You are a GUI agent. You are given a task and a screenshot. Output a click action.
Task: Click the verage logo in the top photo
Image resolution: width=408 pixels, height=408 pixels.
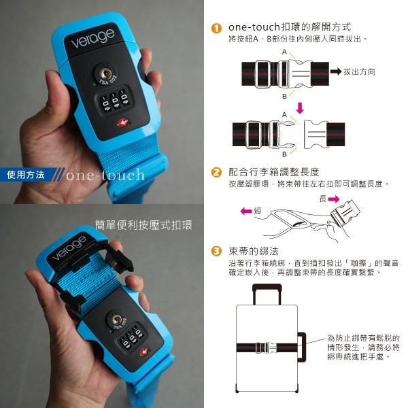(92, 38)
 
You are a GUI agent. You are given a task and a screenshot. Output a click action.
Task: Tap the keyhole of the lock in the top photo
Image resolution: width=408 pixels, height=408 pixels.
(105, 74)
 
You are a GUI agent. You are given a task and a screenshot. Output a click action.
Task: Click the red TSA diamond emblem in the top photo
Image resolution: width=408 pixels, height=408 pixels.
(122, 122)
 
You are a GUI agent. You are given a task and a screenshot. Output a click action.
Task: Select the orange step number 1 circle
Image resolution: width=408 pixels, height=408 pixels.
(216, 28)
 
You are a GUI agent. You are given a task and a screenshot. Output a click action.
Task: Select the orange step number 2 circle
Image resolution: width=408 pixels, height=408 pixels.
(216, 173)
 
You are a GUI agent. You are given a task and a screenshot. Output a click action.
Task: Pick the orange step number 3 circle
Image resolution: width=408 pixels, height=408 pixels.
(216, 252)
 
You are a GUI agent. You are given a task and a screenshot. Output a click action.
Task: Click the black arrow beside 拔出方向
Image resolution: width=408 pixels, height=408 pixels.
(336, 71)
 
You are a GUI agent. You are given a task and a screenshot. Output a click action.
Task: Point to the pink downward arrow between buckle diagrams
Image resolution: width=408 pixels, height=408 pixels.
(300, 107)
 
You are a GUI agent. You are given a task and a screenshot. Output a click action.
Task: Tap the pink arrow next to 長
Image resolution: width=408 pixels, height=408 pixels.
(334, 199)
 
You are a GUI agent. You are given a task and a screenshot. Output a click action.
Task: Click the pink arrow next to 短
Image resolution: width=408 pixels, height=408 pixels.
(246, 211)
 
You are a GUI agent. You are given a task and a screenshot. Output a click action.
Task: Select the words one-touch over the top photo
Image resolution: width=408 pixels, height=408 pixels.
(105, 175)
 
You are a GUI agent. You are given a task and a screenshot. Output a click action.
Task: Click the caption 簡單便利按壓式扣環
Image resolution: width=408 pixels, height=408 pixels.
(143, 225)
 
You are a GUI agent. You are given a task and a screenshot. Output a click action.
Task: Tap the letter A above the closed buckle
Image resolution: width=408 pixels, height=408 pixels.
(284, 52)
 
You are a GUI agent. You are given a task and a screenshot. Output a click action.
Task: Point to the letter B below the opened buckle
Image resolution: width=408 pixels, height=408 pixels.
(284, 154)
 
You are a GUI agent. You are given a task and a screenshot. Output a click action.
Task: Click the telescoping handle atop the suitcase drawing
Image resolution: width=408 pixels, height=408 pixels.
(267, 294)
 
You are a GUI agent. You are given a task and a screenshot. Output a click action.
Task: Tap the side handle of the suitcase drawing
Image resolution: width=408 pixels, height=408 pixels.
(302, 347)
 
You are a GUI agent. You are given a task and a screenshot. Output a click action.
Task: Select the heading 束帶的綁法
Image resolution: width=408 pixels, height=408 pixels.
(254, 252)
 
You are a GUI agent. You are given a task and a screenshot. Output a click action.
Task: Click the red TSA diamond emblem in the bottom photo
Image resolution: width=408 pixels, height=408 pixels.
(144, 352)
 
